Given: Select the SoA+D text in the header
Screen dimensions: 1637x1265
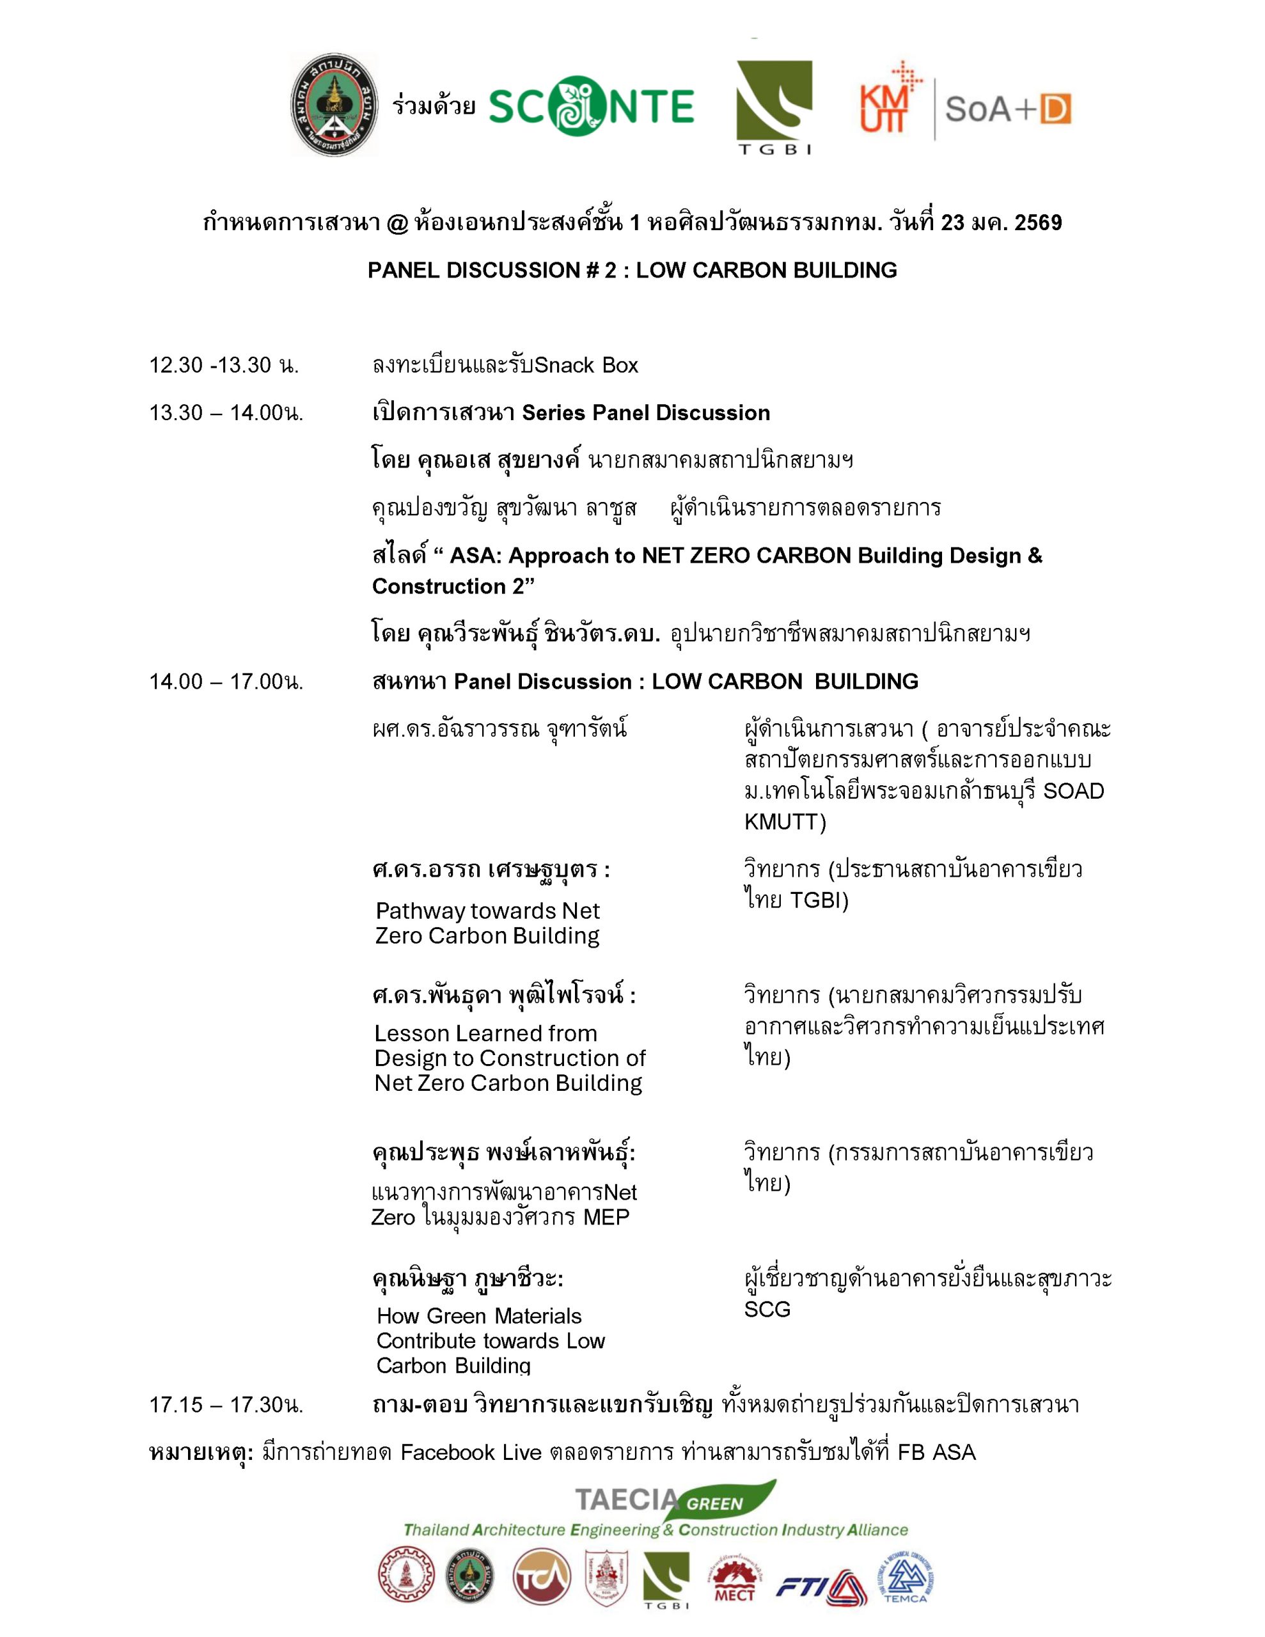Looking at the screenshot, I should coord(1008,109).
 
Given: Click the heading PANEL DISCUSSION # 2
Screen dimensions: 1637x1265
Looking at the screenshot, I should coord(492,270).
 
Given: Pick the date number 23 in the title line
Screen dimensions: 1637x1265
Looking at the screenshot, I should coord(952,223).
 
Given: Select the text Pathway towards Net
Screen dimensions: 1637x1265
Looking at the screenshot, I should coord(487,911).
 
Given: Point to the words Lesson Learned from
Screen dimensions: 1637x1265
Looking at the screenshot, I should coord(486,1033).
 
